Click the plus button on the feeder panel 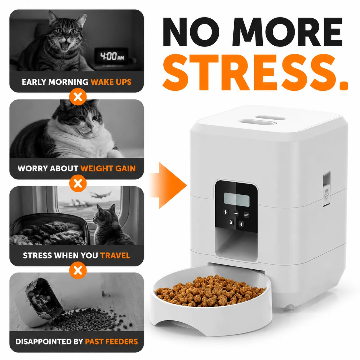226,212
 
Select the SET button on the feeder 246,215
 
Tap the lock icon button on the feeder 231,222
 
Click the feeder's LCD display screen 237,200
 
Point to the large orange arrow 168,185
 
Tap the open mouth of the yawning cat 65,45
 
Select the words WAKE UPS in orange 111,82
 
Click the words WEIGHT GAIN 108,169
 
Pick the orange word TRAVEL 115,256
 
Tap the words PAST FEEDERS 111,342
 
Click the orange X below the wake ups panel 78,97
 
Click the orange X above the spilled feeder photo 78,270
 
